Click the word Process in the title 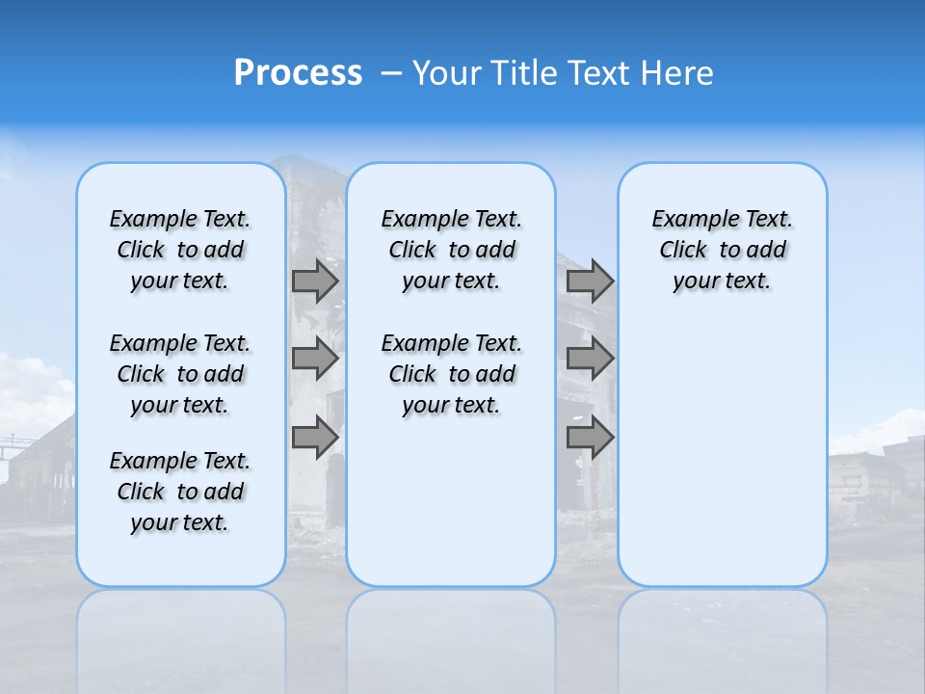click(298, 73)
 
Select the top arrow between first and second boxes click(315, 281)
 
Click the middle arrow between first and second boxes click(315, 359)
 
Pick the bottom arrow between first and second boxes click(315, 438)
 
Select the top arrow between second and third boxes click(590, 281)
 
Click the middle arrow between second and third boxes click(590, 359)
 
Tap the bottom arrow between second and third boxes click(590, 438)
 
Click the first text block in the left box click(180, 250)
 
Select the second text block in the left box click(180, 374)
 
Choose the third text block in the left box click(180, 492)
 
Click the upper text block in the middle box click(451, 250)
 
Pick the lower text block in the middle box click(451, 374)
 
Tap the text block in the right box click(722, 250)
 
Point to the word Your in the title click(445, 73)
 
